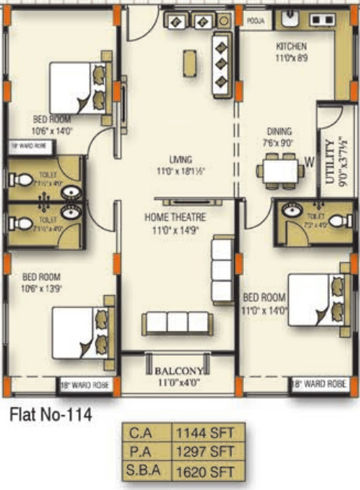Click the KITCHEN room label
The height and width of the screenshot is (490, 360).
[x=291, y=47]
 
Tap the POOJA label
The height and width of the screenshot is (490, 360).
[x=256, y=21]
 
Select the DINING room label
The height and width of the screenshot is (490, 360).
[x=279, y=131]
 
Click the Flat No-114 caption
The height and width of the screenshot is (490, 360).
[x=50, y=416]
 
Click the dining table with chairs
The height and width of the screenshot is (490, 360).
[x=279, y=171]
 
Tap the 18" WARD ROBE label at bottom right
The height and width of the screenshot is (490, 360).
[x=321, y=384]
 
